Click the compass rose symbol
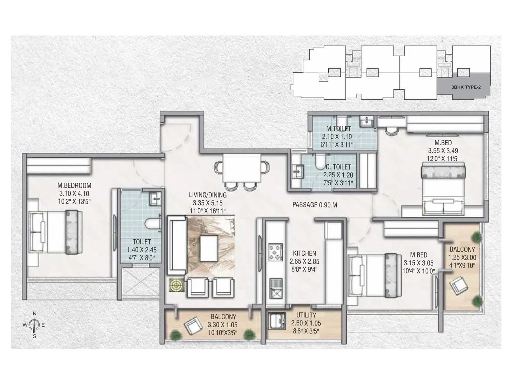(34, 325)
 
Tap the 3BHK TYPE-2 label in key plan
(466, 87)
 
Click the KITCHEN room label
(304, 253)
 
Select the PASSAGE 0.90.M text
(315, 205)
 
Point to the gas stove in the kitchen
(275, 252)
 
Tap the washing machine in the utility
(277, 321)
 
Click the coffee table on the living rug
(209, 248)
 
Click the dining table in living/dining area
(242, 168)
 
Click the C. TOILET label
(338, 167)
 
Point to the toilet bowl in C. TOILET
(320, 162)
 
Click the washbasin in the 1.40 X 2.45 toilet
(156, 199)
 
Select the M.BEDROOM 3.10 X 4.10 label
(74, 186)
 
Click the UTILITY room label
(306, 315)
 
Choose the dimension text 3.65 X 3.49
(443, 151)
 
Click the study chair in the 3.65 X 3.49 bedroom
(391, 131)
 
